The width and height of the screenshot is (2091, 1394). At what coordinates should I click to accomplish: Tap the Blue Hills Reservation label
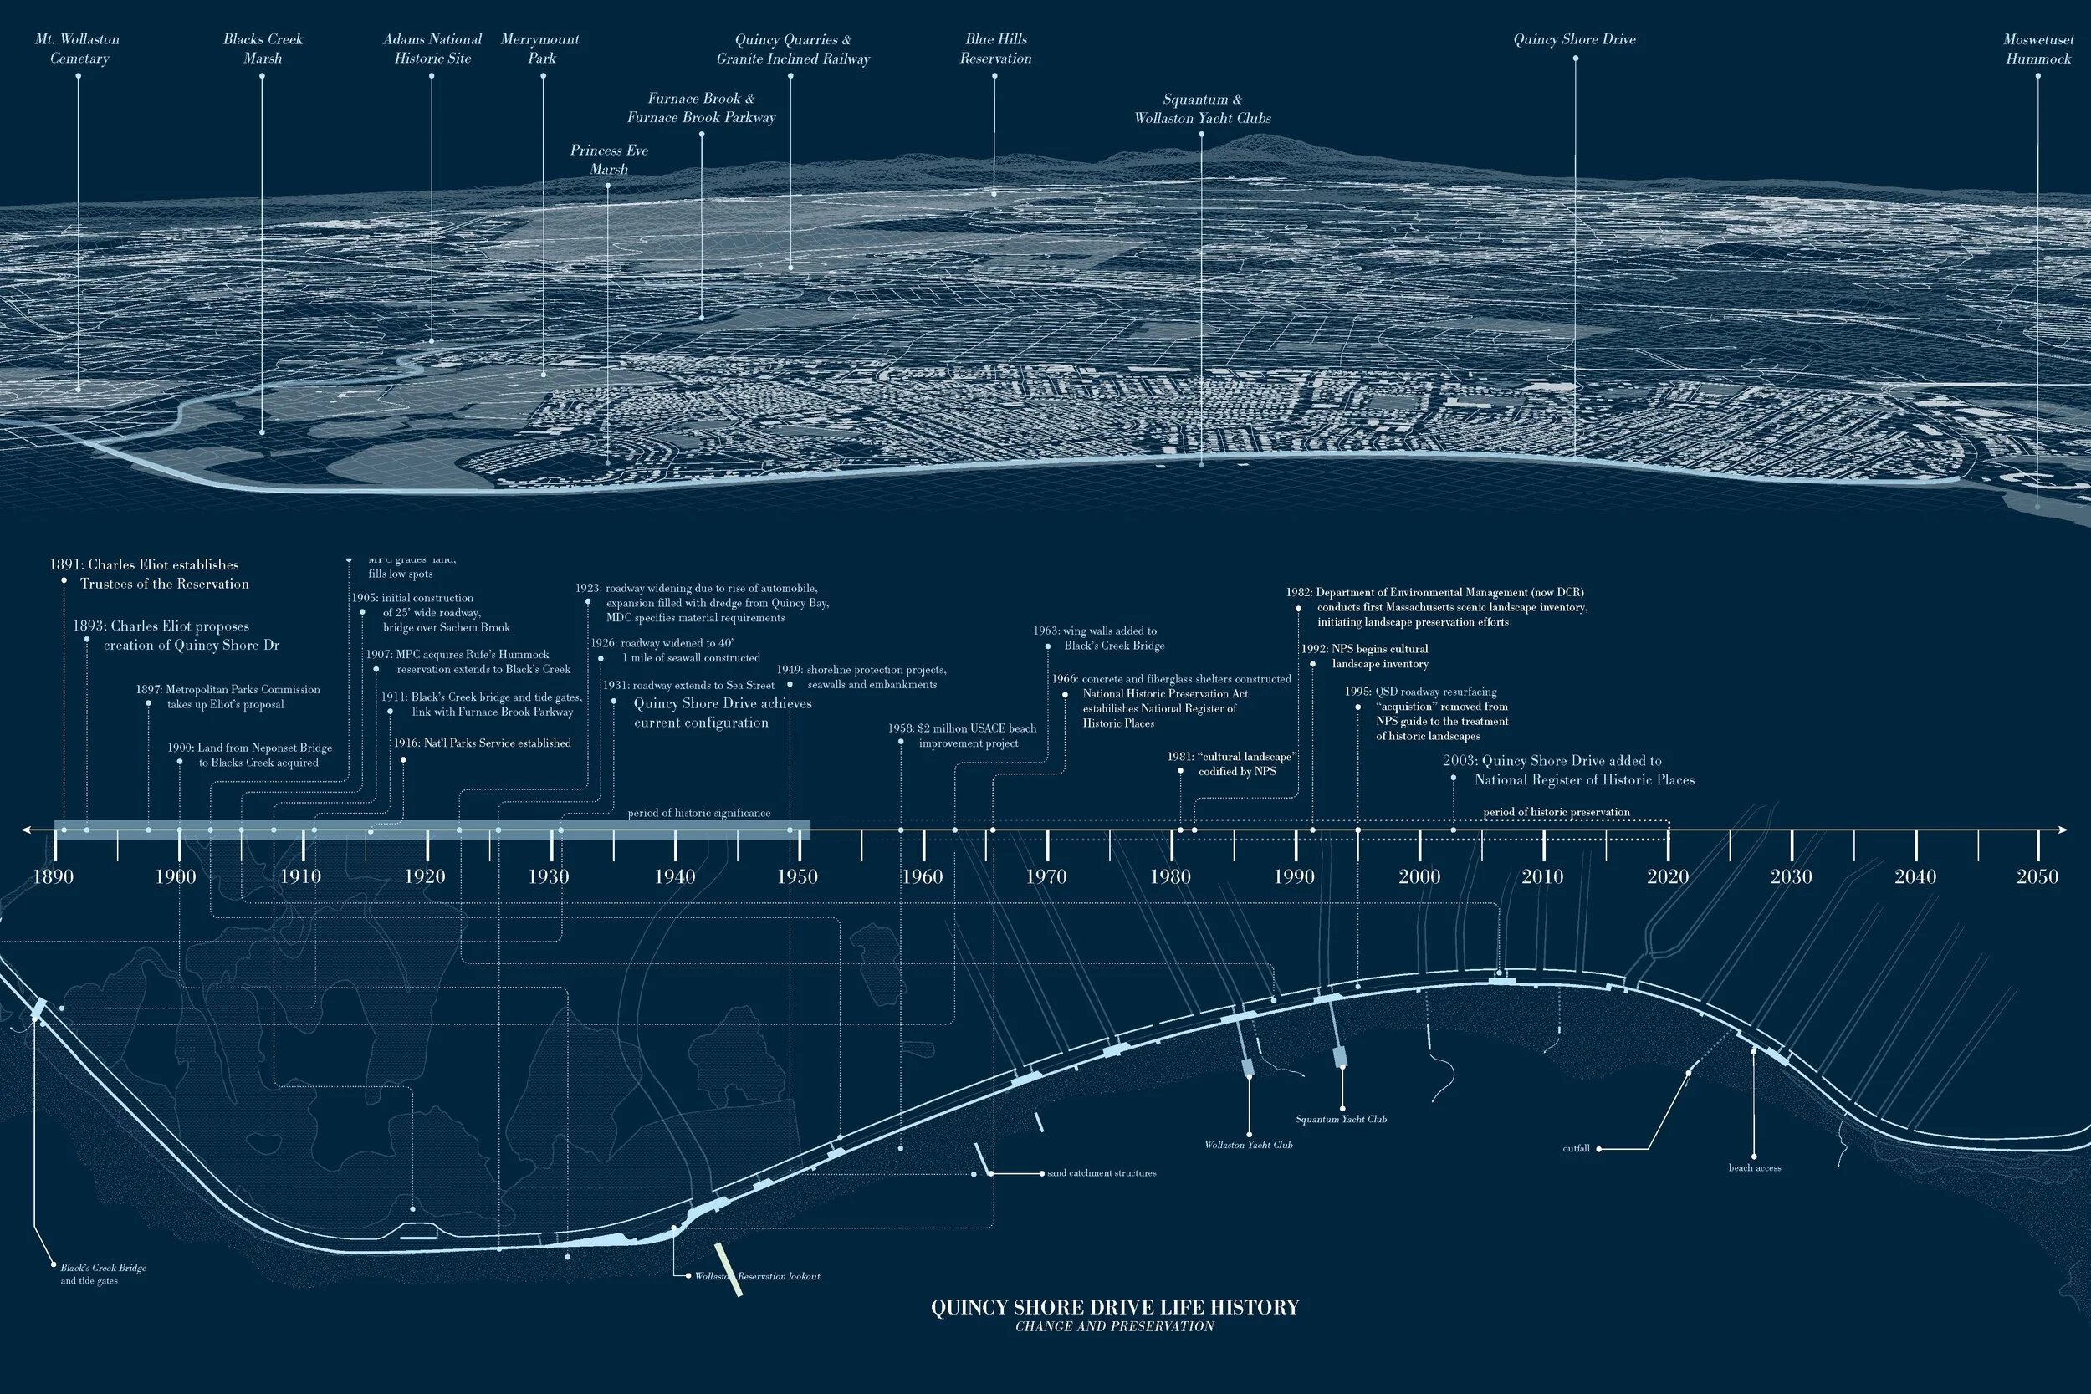[994, 49]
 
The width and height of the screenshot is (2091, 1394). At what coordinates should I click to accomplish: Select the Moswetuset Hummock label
[2037, 49]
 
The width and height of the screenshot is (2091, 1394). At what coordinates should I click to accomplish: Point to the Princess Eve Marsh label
[609, 159]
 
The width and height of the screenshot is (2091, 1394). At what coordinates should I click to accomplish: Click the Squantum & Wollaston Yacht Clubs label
[1202, 109]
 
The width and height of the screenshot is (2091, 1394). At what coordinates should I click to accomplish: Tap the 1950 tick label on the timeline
[797, 876]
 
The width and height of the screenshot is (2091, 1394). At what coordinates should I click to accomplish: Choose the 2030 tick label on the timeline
[1791, 876]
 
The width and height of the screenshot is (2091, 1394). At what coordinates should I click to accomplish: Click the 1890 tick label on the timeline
[54, 876]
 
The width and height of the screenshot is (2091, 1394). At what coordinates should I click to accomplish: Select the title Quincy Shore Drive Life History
[1115, 1307]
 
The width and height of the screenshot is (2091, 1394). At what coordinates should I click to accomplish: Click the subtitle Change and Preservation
[1115, 1326]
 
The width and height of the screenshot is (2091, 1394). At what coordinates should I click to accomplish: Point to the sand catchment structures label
[1102, 1173]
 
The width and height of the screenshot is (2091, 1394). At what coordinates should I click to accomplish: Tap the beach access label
[1754, 1167]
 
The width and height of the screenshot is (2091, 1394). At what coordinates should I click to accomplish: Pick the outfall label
[1576, 1149]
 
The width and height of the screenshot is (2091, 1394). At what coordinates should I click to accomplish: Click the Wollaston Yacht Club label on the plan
[1248, 1145]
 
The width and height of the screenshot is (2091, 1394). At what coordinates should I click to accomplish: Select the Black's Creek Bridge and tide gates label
[103, 1274]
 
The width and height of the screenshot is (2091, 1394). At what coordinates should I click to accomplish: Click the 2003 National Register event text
[1568, 770]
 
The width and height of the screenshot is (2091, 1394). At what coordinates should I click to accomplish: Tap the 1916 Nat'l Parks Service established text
[482, 743]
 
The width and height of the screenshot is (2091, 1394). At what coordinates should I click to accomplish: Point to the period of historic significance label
[698, 813]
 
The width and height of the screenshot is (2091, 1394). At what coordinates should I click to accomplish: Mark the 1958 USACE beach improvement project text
[962, 735]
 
